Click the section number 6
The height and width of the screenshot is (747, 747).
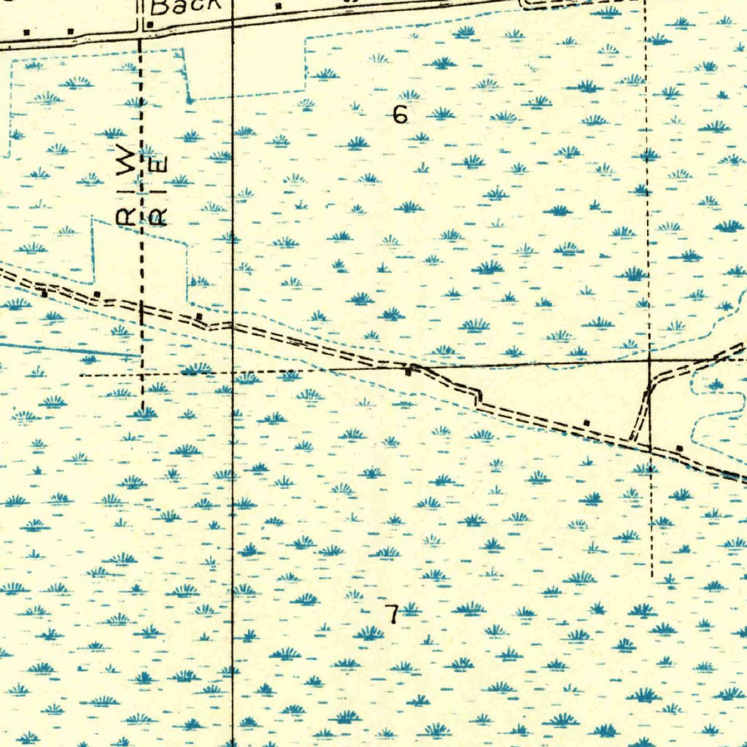[399, 115]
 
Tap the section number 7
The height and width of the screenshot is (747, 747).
[392, 614]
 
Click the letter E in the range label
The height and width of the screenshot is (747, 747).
[160, 165]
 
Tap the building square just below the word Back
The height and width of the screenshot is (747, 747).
[150, 25]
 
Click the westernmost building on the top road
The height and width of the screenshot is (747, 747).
[27, 32]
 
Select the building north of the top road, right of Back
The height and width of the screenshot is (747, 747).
[278, 7]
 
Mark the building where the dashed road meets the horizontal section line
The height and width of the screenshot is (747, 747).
[409, 372]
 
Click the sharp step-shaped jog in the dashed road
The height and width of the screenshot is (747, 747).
[479, 398]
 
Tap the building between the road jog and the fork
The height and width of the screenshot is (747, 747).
[587, 422]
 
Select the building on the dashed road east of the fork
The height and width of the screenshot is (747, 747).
[679, 448]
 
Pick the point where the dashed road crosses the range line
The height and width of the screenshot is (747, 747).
[142, 307]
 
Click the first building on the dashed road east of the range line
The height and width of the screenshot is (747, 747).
[198, 317]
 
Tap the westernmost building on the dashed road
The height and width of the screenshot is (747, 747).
[44, 294]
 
